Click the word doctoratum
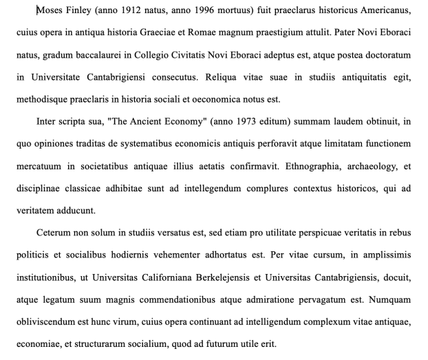click(386, 55)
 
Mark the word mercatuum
click(41, 166)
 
